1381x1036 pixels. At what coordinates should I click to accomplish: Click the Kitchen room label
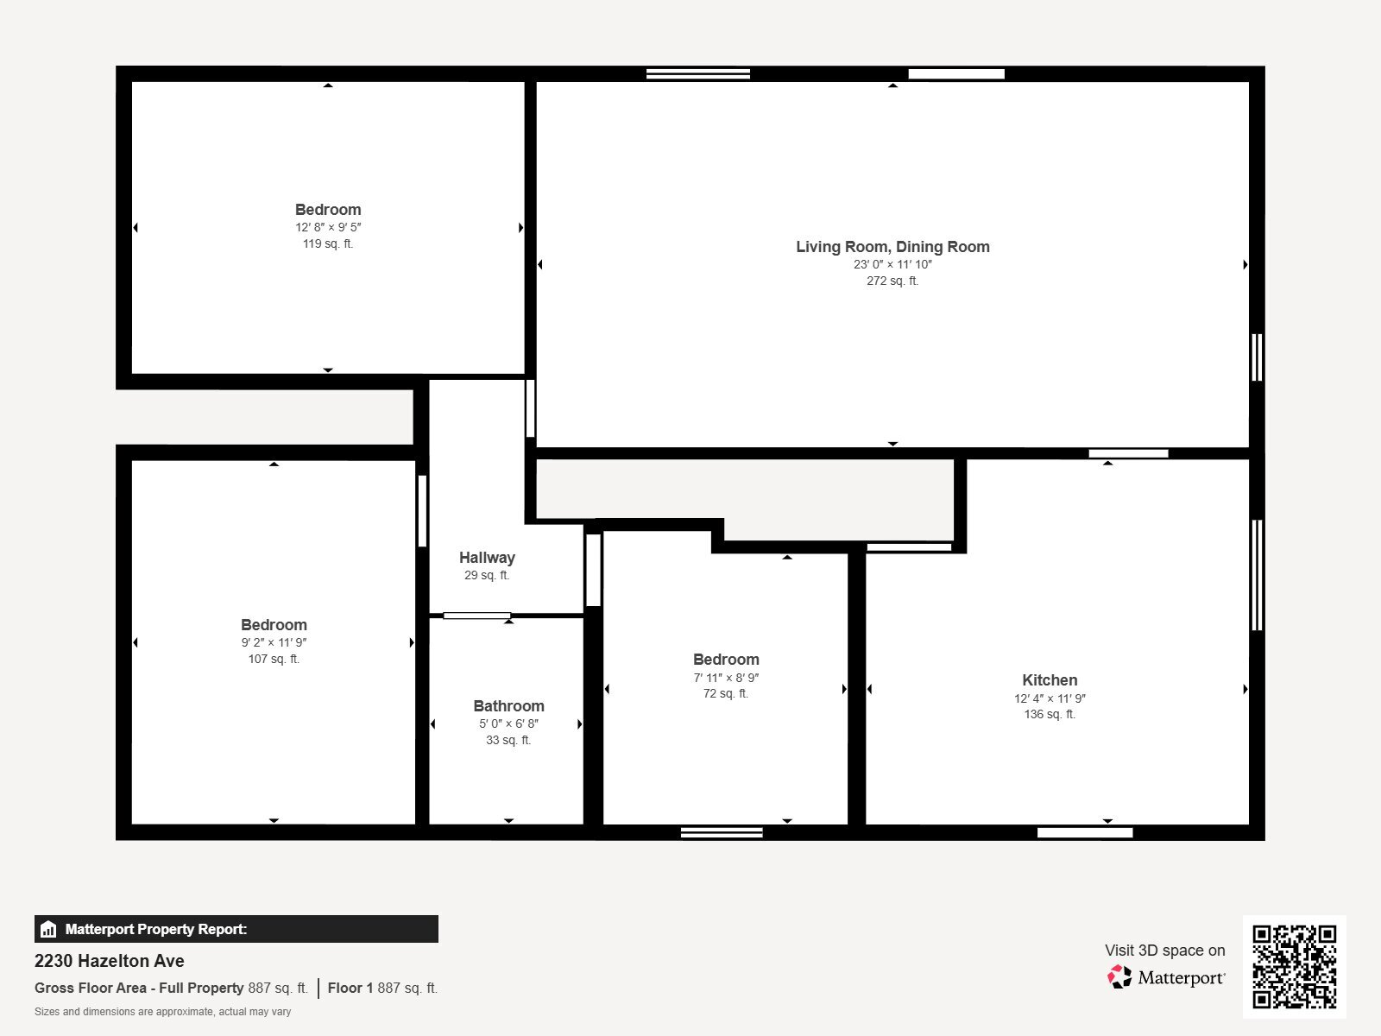(1050, 680)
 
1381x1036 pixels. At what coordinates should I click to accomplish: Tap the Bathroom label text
(508, 706)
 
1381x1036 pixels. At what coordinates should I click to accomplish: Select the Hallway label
(487, 558)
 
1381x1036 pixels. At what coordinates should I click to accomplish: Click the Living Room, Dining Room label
(892, 247)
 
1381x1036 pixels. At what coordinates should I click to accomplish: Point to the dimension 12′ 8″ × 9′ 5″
(328, 228)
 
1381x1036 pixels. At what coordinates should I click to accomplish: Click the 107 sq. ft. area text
(274, 659)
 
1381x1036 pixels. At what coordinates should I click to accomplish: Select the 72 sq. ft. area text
(726, 693)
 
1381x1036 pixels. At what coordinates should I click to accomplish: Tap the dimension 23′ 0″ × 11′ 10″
(892, 264)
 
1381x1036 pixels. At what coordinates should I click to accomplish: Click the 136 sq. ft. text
(1050, 714)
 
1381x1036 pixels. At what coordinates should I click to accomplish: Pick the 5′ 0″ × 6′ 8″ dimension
(508, 723)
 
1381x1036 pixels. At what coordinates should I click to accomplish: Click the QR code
(1294, 966)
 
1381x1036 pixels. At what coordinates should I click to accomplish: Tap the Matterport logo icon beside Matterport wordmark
(1119, 976)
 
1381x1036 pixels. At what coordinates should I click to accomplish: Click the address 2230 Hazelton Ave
(110, 961)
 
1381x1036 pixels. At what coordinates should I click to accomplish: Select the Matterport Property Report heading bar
(236, 929)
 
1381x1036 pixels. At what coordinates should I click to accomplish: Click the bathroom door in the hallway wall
(476, 616)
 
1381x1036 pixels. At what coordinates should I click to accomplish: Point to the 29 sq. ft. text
(487, 575)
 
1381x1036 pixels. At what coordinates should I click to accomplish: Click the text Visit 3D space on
(1164, 950)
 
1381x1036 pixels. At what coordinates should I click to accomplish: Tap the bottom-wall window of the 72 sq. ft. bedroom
(722, 832)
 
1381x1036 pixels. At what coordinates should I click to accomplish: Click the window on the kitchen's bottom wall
(1084, 832)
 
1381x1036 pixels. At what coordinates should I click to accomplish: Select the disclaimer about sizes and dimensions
(162, 1012)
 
